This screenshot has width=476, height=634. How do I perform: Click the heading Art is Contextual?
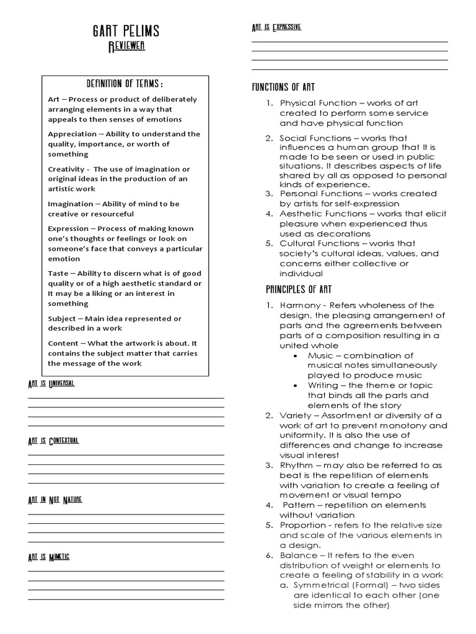tap(53, 441)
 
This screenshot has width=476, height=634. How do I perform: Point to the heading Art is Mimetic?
tap(49, 557)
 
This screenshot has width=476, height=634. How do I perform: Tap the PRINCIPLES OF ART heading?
tap(290, 289)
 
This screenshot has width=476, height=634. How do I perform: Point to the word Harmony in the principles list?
tap(300, 306)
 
